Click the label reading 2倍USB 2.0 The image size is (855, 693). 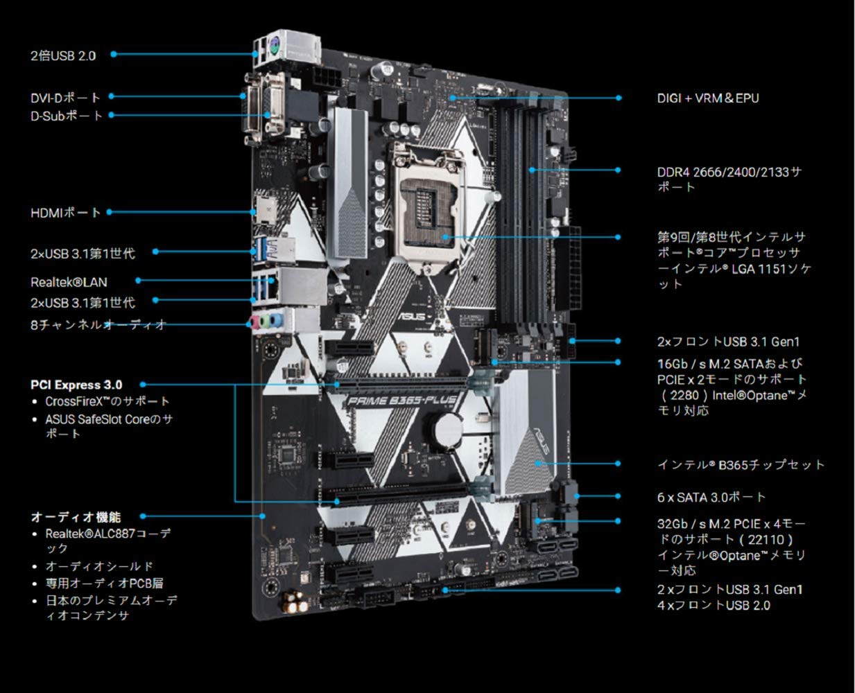click(63, 55)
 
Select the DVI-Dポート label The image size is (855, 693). click(65, 98)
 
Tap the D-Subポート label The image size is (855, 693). click(66, 116)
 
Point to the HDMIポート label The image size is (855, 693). click(65, 213)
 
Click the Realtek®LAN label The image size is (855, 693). click(69, 282)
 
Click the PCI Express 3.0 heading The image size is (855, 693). click(76, 385)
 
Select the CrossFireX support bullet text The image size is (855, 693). click(107, 401)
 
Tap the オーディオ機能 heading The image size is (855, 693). click(76, 517)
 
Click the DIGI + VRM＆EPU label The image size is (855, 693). click(708, 98)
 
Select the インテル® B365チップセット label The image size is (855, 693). click(741, 464)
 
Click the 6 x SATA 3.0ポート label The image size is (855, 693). click(711, 497)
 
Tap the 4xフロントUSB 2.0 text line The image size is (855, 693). click(714, 606)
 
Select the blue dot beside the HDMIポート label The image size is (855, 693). click(110, 212)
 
